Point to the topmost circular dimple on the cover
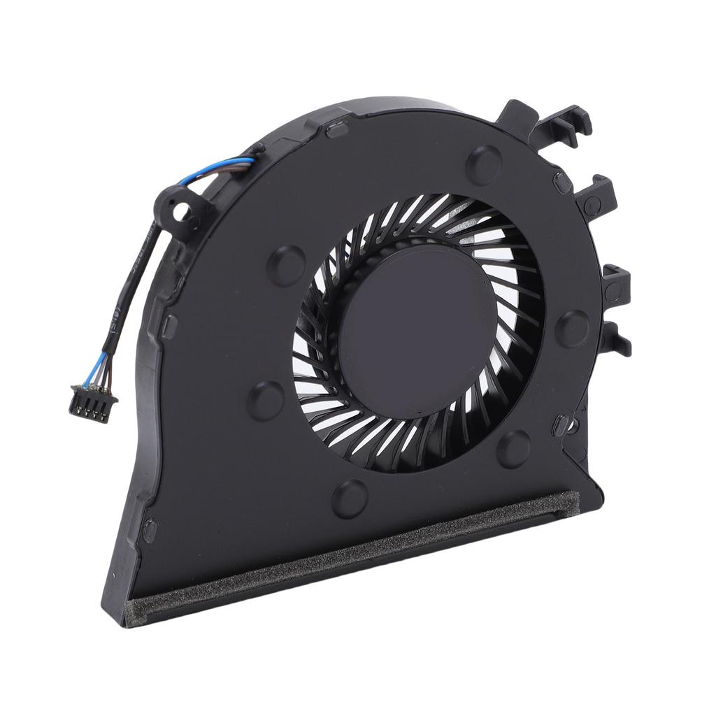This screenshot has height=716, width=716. [x=483, y=162]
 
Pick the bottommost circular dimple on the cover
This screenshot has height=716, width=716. [x=350, y=498]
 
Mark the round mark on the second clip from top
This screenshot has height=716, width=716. [x=592, y=205]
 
